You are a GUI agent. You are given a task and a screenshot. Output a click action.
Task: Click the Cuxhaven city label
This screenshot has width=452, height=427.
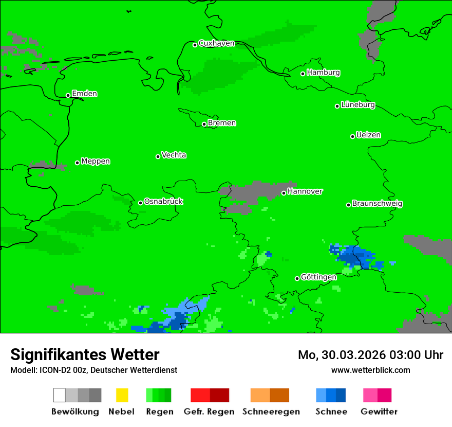(x=216, y=44)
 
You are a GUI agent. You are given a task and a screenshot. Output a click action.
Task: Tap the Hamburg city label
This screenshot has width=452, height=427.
(x=323, y=73)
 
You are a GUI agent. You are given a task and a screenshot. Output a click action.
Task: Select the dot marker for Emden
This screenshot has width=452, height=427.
(x=68, y=95)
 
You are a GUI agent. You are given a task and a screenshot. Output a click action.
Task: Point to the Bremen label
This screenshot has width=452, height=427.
(x=222, y=123)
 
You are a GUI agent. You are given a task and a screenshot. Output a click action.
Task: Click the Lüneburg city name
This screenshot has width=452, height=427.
(x=357, y=105)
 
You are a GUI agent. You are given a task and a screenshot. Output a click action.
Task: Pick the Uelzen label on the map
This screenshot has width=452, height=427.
(x=368, y=135)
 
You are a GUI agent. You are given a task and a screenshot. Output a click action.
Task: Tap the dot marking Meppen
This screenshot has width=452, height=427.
(x=77, y=163)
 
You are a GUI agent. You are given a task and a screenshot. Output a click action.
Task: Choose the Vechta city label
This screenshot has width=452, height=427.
(x=174, y=155)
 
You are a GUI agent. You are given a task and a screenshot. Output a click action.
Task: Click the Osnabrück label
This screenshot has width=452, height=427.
(x=163, y=202)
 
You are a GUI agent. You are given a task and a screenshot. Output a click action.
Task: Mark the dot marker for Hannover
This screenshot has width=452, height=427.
(x=284, y=193)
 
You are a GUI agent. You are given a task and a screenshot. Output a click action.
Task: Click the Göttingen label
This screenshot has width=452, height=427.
(x=318, y=277)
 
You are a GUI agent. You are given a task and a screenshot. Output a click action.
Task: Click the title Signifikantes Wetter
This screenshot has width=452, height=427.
(x=85, y=355)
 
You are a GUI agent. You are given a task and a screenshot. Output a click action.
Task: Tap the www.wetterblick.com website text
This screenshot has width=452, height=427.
(x=370, y=370)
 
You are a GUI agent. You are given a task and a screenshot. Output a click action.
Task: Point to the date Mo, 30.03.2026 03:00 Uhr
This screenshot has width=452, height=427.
(x=370, y=355)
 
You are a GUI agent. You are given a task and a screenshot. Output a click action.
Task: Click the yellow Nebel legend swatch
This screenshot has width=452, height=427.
(x=122, y=395)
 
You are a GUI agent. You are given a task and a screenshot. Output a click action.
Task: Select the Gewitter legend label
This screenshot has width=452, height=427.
(x=379, y=412)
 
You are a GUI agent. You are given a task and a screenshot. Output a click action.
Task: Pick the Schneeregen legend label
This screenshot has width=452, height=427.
(x=271, y=412)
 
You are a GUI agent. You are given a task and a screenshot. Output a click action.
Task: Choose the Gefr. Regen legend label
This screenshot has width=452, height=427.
(x=209, y=412)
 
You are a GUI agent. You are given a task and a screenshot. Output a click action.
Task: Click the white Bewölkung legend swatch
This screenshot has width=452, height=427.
(x=59, y=395)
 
